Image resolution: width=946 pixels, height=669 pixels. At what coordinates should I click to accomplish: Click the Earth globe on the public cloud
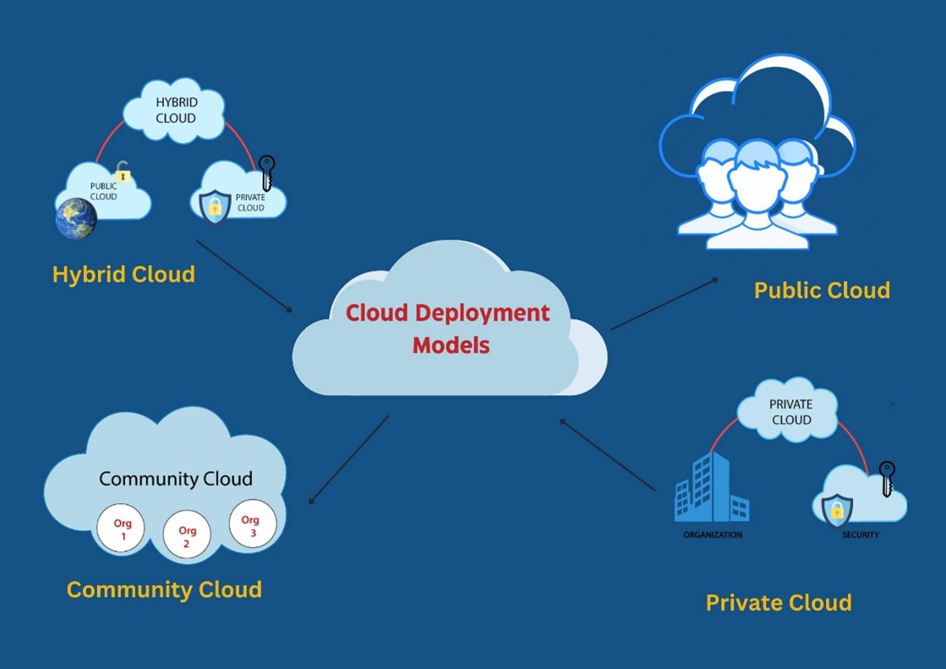pos(76,217)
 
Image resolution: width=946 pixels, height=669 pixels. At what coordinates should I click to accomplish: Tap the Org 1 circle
pos(120,529)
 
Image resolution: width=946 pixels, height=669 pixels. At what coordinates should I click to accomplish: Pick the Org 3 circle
pos(252,524)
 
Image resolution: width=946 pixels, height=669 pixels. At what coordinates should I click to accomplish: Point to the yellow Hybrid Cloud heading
pos(123,274)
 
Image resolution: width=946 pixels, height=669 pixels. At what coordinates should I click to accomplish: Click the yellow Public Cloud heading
pos(822,290)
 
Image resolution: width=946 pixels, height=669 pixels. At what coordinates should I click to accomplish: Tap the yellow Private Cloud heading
pos(779,602)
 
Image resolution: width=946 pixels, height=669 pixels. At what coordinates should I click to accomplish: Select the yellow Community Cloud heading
pos(164,589)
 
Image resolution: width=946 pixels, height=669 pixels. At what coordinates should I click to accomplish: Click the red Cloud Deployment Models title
pos(447,328)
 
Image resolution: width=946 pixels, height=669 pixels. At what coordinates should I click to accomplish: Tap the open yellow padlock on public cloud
pos(123,172)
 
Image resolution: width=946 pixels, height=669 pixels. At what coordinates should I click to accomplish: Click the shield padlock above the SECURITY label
pos(837,510)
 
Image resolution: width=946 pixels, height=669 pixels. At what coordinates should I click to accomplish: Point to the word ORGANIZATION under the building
pos(713,535)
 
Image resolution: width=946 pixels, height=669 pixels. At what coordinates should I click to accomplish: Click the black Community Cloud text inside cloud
pos(176,479)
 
